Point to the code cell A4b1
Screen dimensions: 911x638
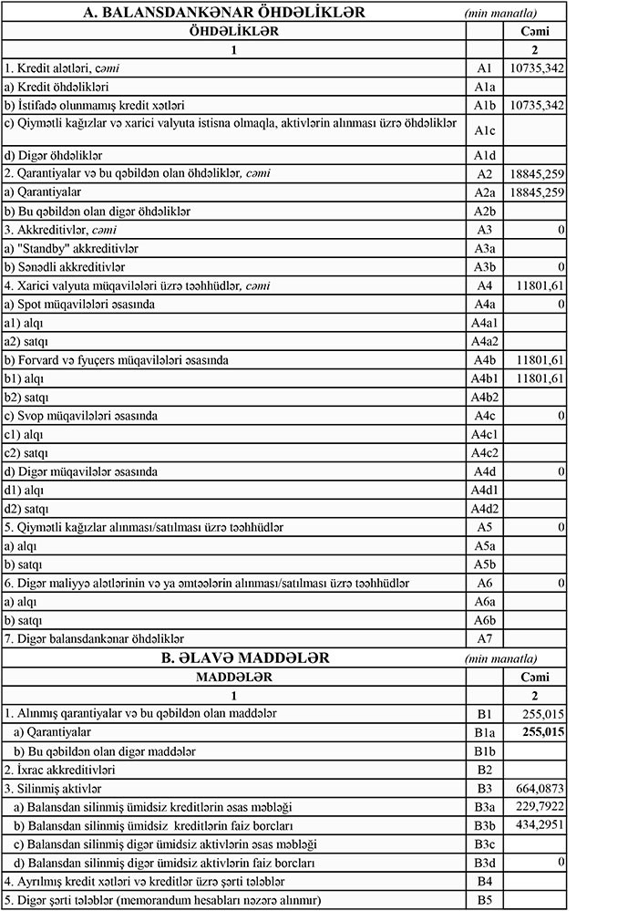(x=484, y=378)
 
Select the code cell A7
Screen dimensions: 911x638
(x=484, y=638)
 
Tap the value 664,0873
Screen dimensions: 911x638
(x=541, y=788)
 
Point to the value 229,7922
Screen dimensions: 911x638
(x=541, y=806)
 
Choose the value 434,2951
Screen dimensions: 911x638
(x=541, y=824)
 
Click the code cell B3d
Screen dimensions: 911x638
(x=484, y=862)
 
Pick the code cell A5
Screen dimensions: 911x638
(x=484, y=527)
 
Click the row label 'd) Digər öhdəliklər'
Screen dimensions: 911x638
(x=55, y=154)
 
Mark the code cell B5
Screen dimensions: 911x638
(x=484, y=900)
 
